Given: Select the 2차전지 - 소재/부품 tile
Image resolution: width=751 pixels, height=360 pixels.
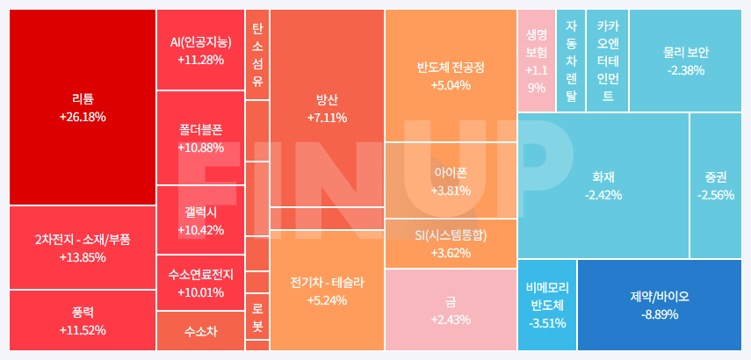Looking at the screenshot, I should [83, 248].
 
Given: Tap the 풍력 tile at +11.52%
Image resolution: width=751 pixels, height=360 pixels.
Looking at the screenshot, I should [83, 320].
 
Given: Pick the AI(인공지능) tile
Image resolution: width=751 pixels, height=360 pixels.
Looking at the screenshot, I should [200, 50].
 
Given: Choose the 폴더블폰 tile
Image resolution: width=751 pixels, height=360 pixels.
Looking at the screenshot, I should [200, 138].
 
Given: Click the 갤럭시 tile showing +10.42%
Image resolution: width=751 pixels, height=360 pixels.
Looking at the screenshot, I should [200, 220].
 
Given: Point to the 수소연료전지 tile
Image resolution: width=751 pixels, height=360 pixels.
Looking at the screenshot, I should [200, 283].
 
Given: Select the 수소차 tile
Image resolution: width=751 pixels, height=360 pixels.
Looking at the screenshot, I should [200, 332].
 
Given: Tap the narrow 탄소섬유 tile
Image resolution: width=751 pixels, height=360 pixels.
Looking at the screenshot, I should [256, 54].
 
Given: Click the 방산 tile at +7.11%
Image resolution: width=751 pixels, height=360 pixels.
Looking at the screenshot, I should [327, 107].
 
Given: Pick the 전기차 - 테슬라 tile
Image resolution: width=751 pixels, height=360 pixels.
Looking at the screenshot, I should [327, 291].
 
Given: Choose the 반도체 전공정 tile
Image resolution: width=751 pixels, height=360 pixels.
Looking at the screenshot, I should [451, 76].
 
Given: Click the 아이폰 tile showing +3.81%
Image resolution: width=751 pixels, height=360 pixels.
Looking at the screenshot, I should [451, 181].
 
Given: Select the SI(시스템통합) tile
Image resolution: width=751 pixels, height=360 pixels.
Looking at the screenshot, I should [451, 244].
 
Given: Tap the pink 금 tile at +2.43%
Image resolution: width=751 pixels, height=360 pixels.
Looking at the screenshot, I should [451, 310].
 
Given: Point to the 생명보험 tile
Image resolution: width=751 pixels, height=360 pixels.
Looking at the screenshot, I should [536, 60].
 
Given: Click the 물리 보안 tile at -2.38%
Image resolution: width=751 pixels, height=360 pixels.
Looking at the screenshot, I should [685, 60].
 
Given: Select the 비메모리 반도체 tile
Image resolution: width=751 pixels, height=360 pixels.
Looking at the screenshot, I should [546, 305].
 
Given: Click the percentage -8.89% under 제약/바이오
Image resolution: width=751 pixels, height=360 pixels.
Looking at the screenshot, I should [659, 314].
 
